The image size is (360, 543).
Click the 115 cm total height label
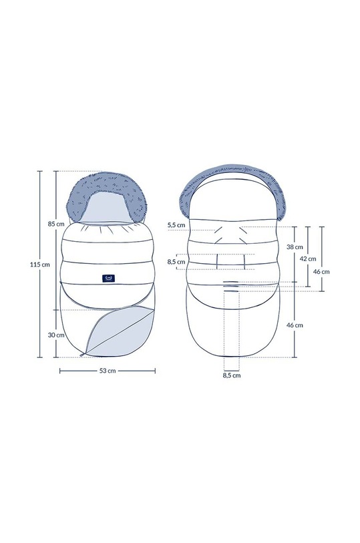(39, 264)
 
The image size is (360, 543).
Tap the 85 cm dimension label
(56, 224)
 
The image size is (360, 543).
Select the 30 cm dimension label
(56, 335)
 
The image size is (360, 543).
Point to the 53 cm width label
(108, 371)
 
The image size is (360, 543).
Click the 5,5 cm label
(176, 225)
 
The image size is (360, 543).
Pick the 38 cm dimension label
(295, 247)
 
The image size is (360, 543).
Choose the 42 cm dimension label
(308, 258)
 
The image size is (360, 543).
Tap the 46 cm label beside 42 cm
(321, 271)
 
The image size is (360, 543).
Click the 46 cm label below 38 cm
(295, 325)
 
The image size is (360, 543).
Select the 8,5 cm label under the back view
(232, 375)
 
